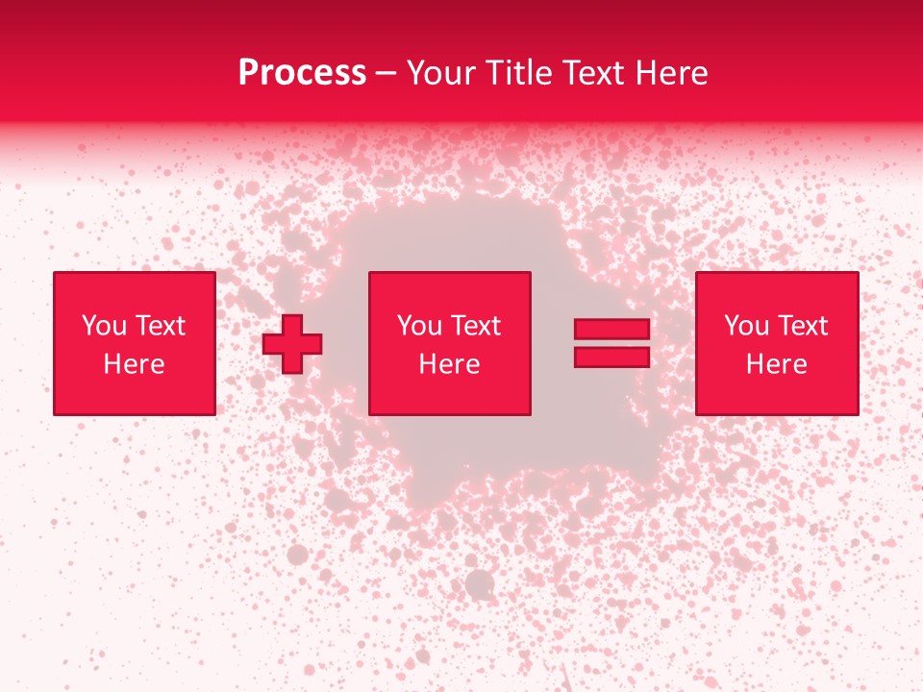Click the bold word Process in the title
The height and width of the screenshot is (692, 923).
(302, 73)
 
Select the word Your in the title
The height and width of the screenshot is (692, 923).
(443, 73)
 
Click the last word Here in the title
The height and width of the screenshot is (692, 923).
(672, 73)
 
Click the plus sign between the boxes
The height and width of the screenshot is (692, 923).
(292, 344)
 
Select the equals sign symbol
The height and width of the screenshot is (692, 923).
(611, 343)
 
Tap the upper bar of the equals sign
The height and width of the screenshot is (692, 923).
(611, 330)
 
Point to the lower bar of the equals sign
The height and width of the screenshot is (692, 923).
(611, 358)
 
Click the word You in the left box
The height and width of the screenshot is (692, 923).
(104, 326)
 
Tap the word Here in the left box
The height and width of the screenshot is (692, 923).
(134, 364)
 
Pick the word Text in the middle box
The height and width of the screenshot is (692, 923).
(475, 326)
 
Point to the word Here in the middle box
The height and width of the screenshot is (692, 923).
(449, 364)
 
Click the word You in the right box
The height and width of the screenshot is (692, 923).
(746, 326)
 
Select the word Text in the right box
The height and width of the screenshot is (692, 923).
(802, 326)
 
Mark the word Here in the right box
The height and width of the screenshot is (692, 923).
(776, 364)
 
